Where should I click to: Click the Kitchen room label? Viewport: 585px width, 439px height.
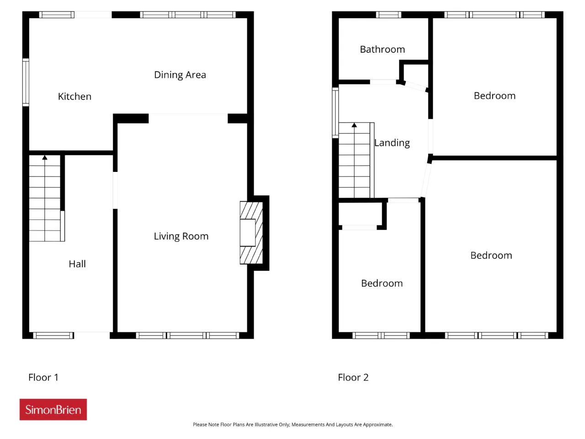click(74, 96)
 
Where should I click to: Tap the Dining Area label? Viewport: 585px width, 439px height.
click(180, 75)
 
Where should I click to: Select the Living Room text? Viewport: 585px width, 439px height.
click(181, 236)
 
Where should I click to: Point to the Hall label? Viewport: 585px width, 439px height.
click(77, 263)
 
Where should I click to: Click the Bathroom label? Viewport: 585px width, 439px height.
click(382, 49)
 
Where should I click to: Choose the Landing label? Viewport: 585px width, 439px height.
click(392, 143)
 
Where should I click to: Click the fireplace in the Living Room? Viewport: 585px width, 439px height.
click(251, 232)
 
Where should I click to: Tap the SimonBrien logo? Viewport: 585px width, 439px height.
click(53, 409)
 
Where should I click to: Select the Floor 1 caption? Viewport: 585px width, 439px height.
click(43, 377)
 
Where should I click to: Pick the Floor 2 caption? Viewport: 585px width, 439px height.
click(353, 377)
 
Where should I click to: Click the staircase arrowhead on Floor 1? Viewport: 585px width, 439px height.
click(45, 157)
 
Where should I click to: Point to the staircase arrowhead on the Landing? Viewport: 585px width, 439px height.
click(354, 125)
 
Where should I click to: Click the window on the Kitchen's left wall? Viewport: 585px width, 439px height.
click(26, 82)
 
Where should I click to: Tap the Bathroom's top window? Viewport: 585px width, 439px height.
click(388, 15)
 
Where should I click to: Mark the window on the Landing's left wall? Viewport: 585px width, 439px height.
click(335, 113)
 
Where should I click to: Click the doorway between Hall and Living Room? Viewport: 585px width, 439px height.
click(115, 190)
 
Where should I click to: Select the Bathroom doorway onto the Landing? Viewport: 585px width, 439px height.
click(383, 82)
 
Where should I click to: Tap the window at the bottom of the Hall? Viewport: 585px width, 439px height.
click(53, 335)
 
